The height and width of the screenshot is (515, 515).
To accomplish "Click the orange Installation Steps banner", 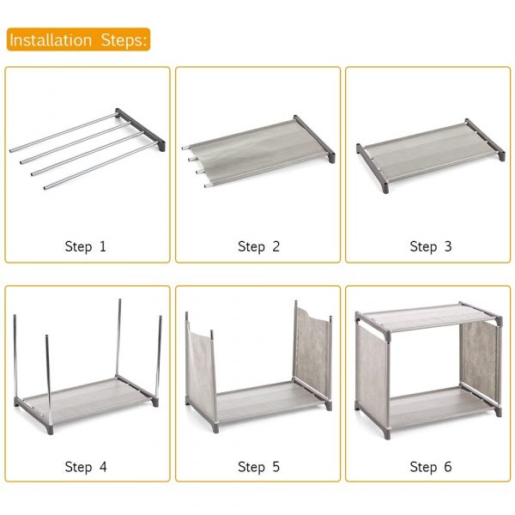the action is [78, 39].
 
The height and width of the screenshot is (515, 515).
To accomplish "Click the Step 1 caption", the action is [85, 246].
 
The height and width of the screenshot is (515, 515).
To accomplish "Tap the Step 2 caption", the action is [258, 246].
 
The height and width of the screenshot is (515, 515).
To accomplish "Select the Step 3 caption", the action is [431, 246].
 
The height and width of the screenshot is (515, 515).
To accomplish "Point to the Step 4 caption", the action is [86, 467].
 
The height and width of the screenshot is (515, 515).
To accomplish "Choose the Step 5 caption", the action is [258, 467].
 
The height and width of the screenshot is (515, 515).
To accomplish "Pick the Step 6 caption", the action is [431, 467].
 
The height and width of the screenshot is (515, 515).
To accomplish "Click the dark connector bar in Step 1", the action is [141, 130].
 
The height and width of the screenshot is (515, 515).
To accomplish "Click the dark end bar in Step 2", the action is [314, 138].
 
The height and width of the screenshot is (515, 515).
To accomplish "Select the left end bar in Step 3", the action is [373, 167].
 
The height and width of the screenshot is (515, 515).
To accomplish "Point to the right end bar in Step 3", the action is [485, 139].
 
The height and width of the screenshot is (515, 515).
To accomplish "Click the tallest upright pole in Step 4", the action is [118, 338].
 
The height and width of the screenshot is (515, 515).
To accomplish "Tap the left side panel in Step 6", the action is [372, 378].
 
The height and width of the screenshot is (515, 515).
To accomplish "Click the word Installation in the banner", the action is [51, 40].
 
